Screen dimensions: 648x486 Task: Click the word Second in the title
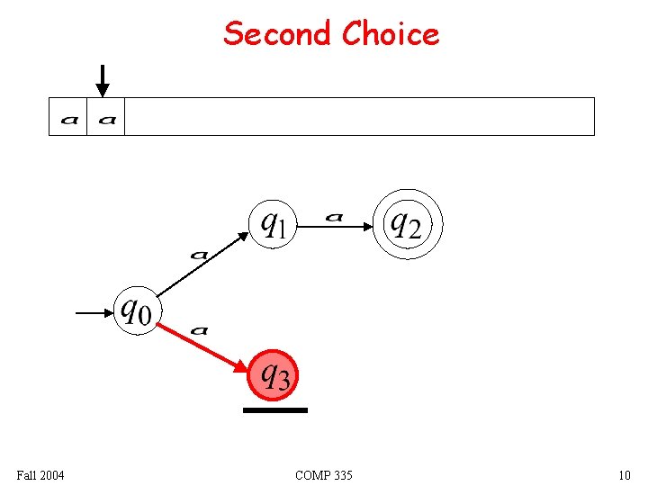[277, 34]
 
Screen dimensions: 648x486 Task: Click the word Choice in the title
[391, 34]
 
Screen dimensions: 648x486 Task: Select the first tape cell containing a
[68, 117]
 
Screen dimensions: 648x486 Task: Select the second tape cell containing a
[106, 117]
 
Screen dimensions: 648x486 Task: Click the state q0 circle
[138, 310]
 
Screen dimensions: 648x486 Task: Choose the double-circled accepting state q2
[403, 223]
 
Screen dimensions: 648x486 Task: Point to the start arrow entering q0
[94, 313]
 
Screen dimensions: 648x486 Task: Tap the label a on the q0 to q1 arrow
[199, 256]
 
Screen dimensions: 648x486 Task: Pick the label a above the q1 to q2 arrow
[334, 217]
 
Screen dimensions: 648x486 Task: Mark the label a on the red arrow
[200, 331]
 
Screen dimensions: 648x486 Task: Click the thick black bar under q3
[274, 410]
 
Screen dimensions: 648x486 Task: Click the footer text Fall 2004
[40, 474]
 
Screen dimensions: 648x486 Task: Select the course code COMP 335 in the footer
[323, 474]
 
